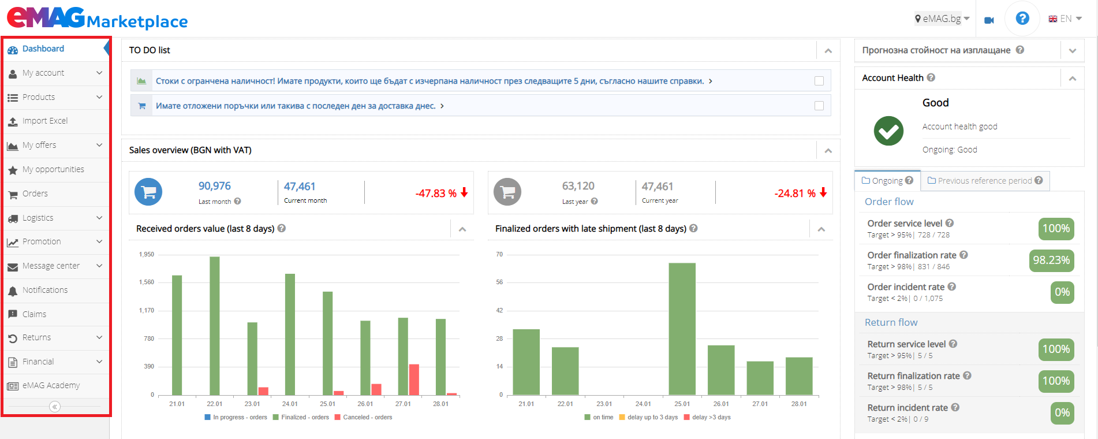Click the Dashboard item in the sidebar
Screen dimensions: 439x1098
point(43,49)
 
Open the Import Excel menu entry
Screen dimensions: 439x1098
point(45,121)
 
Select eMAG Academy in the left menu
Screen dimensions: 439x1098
point(51,386)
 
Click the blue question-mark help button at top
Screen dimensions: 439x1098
point(1022,18)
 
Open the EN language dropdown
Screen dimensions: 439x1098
point(1065,19)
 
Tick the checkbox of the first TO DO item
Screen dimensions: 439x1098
point(819,81)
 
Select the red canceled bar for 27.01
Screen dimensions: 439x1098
point(414,380)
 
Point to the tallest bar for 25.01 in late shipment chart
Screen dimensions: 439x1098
point(682,329)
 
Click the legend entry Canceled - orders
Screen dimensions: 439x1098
point(367,417)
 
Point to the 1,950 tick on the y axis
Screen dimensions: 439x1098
point(147,254)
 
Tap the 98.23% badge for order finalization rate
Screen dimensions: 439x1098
point(1051,261)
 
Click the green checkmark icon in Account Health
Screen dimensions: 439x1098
point(888,131)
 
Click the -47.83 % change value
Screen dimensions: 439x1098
point(436,194)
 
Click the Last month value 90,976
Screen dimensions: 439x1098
point(214,186)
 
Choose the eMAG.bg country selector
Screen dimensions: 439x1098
point(942,18)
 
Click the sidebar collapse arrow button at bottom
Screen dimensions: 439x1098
point(55,407)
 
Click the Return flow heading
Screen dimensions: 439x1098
point(891,322)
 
